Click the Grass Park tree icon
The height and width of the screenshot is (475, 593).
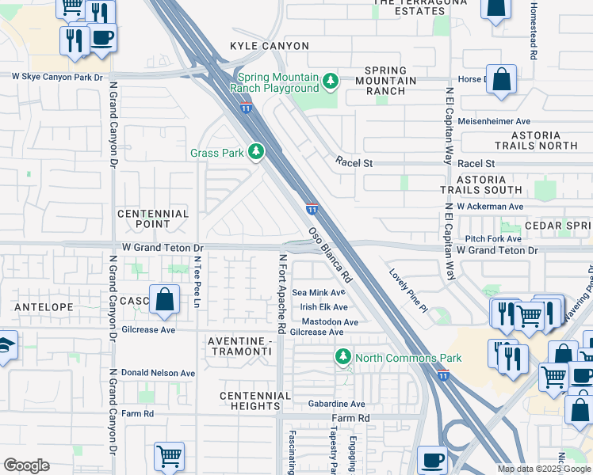click(255, 151)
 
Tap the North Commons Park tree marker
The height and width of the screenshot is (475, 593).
click(343, 358)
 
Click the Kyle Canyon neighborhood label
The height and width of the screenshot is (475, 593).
click(270, 47)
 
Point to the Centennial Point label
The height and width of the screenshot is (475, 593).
click(153, 219)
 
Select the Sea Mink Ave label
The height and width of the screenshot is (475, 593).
click(319, 293)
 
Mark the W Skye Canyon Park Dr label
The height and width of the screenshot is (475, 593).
click(57, 76)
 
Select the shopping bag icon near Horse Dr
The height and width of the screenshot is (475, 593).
click(501, 79)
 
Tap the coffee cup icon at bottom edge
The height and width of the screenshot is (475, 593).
click(432, 459)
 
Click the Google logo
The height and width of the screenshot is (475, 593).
click(26, 465)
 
